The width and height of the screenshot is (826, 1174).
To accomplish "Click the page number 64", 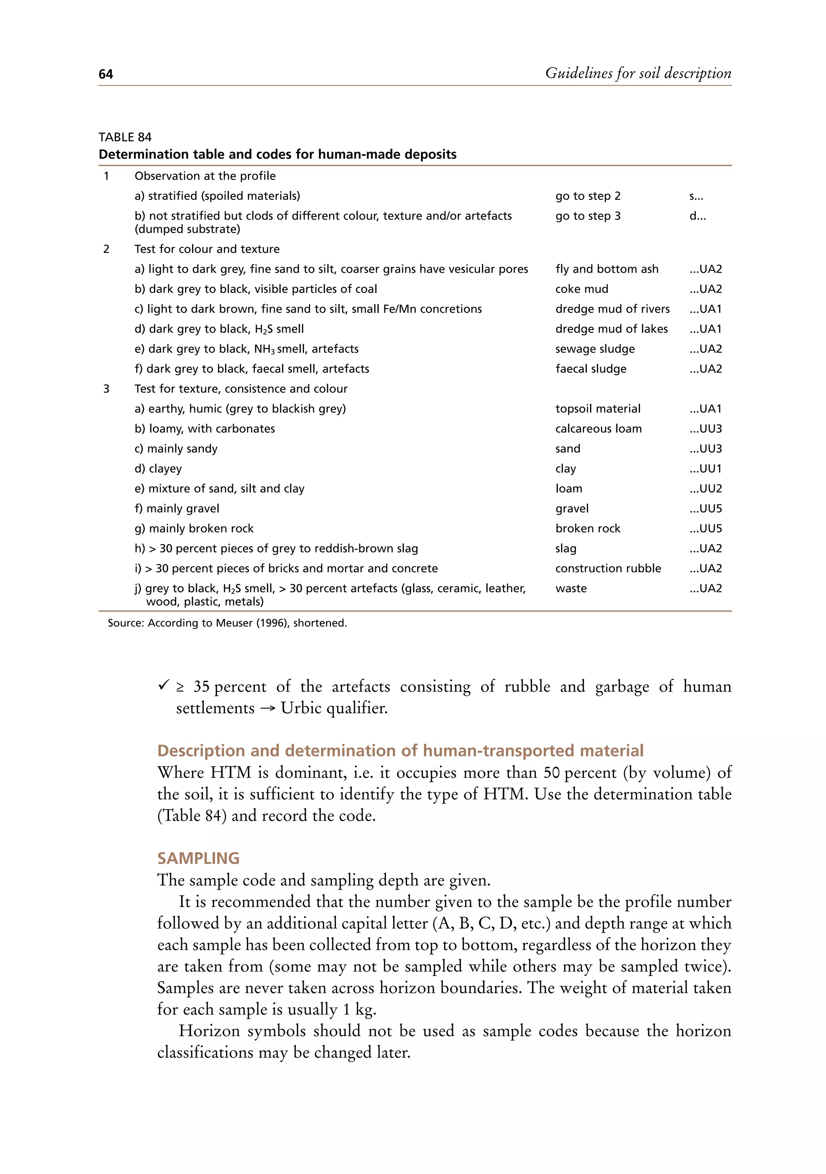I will point(106,75).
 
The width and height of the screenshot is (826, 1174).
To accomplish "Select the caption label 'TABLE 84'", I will point(125,137).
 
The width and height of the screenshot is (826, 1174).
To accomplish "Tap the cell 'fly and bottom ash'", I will point(607,269).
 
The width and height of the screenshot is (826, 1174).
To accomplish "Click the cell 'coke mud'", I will point(582,289).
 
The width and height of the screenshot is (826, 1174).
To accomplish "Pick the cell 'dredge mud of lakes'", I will point(611,329).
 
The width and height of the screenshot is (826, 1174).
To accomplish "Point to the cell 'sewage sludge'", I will point(595,349).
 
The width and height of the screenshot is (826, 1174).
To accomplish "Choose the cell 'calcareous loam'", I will point(599,428).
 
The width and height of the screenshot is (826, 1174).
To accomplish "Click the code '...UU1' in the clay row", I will point(705,468).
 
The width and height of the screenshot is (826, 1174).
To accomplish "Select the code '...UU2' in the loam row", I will point(705,488).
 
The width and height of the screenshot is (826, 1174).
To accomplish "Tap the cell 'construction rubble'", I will point(608,568).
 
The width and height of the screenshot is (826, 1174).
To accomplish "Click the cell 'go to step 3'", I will point(588,216).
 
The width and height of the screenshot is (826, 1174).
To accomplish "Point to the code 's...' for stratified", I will point(696,196).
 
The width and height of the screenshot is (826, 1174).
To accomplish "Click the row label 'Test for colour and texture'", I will point(207,249).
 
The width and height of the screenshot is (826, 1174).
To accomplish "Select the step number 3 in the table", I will point(106,389).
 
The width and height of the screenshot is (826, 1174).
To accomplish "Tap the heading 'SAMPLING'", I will point(198,858).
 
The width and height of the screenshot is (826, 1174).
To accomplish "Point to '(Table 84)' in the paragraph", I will point(192,816).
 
